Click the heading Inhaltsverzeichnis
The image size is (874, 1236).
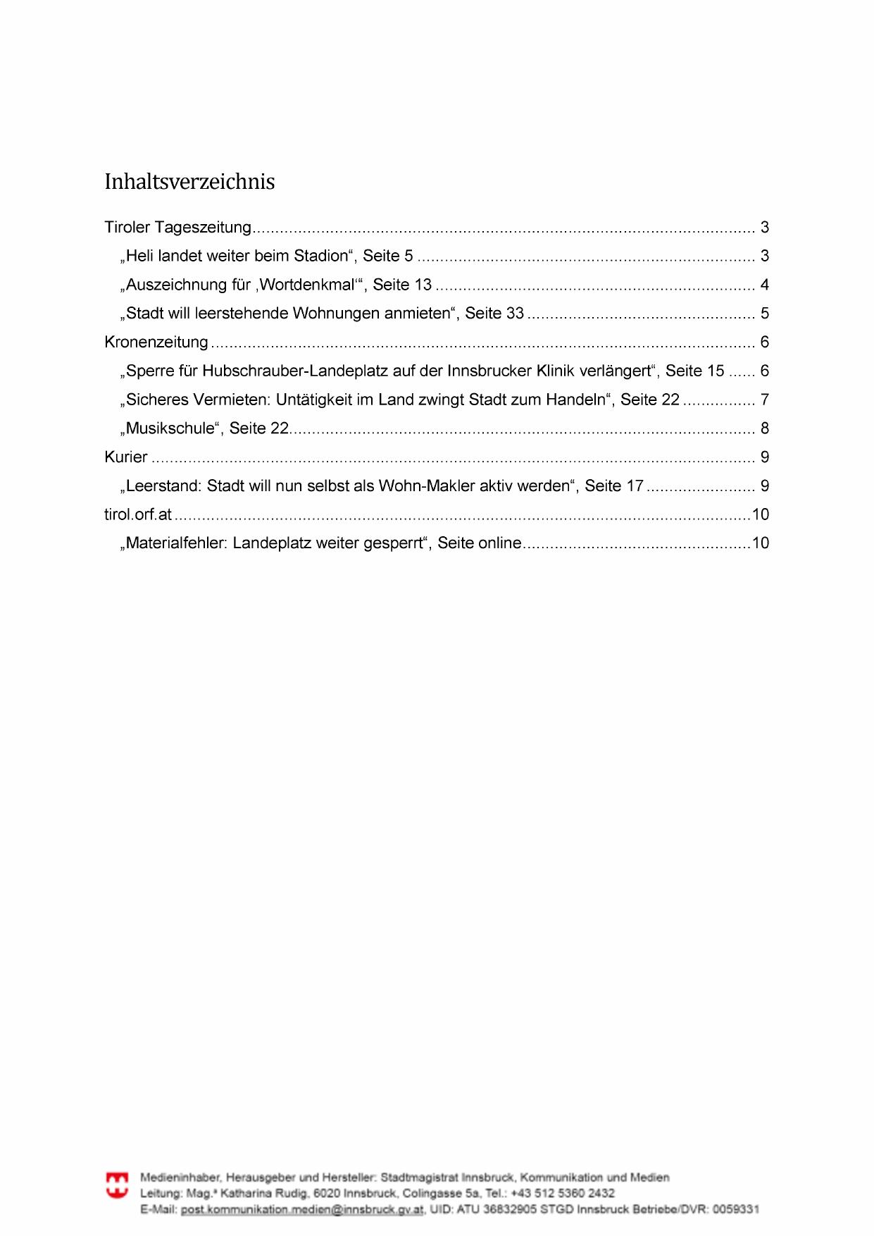189,182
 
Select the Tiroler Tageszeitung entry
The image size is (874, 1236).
177,228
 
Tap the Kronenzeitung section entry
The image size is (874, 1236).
156,342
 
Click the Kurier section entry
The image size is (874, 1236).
126,457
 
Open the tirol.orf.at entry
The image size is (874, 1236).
138,514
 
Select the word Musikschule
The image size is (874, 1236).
170,428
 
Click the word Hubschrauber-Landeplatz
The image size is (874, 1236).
287,371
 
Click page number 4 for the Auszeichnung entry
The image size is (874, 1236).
764,285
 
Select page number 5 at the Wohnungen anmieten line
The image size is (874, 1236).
764,314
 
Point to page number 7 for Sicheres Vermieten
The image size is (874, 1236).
764,400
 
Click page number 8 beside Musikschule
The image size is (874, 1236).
764,428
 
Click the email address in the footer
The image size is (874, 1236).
302,1209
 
